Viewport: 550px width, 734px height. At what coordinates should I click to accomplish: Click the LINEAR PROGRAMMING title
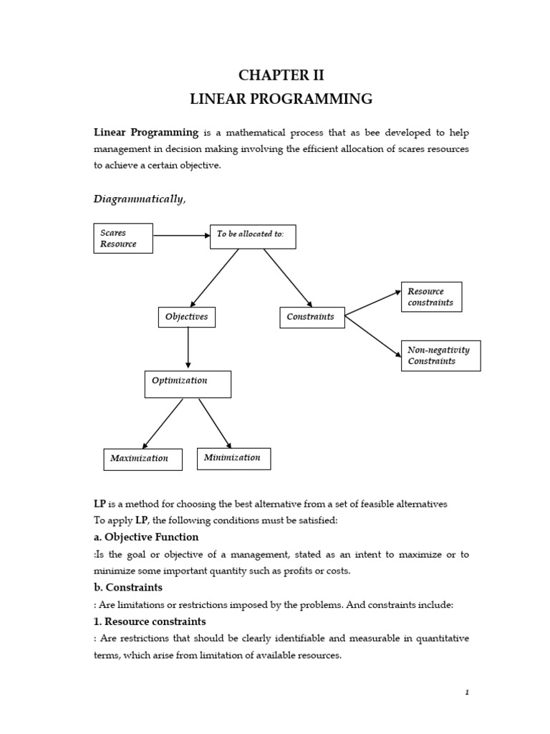click(x=281, y=99)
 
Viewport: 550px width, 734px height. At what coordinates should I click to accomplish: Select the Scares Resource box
click(x=123, y=238)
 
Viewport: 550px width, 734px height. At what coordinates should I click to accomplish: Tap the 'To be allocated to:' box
click(x=252, y=237)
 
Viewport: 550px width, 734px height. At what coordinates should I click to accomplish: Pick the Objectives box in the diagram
click(x=187, y=317)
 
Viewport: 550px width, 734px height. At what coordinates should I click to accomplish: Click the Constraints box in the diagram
click(x=311, y=317)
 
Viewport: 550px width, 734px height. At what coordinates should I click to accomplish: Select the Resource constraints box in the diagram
click(x=431, y=297)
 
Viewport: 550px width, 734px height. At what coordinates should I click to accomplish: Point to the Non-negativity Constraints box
click(x=440, y=356)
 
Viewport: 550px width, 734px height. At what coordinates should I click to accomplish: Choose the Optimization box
click(x=188, y=383)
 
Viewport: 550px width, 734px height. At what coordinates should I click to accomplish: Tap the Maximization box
click(x=143, y=459)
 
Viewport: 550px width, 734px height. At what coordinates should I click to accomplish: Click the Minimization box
click(x=233, y=458)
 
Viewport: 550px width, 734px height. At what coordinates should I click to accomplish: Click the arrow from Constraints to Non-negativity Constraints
click(x=372, y=335)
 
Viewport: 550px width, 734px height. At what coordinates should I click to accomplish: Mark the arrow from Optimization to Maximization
click(x=163, y=424)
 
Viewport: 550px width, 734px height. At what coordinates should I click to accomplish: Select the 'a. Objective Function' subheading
click(x=146, y=537)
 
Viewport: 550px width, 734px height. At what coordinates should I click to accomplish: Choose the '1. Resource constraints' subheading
click(x=150, y=621)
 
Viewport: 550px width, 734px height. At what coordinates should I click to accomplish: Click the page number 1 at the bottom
click(x=466, y=692)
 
